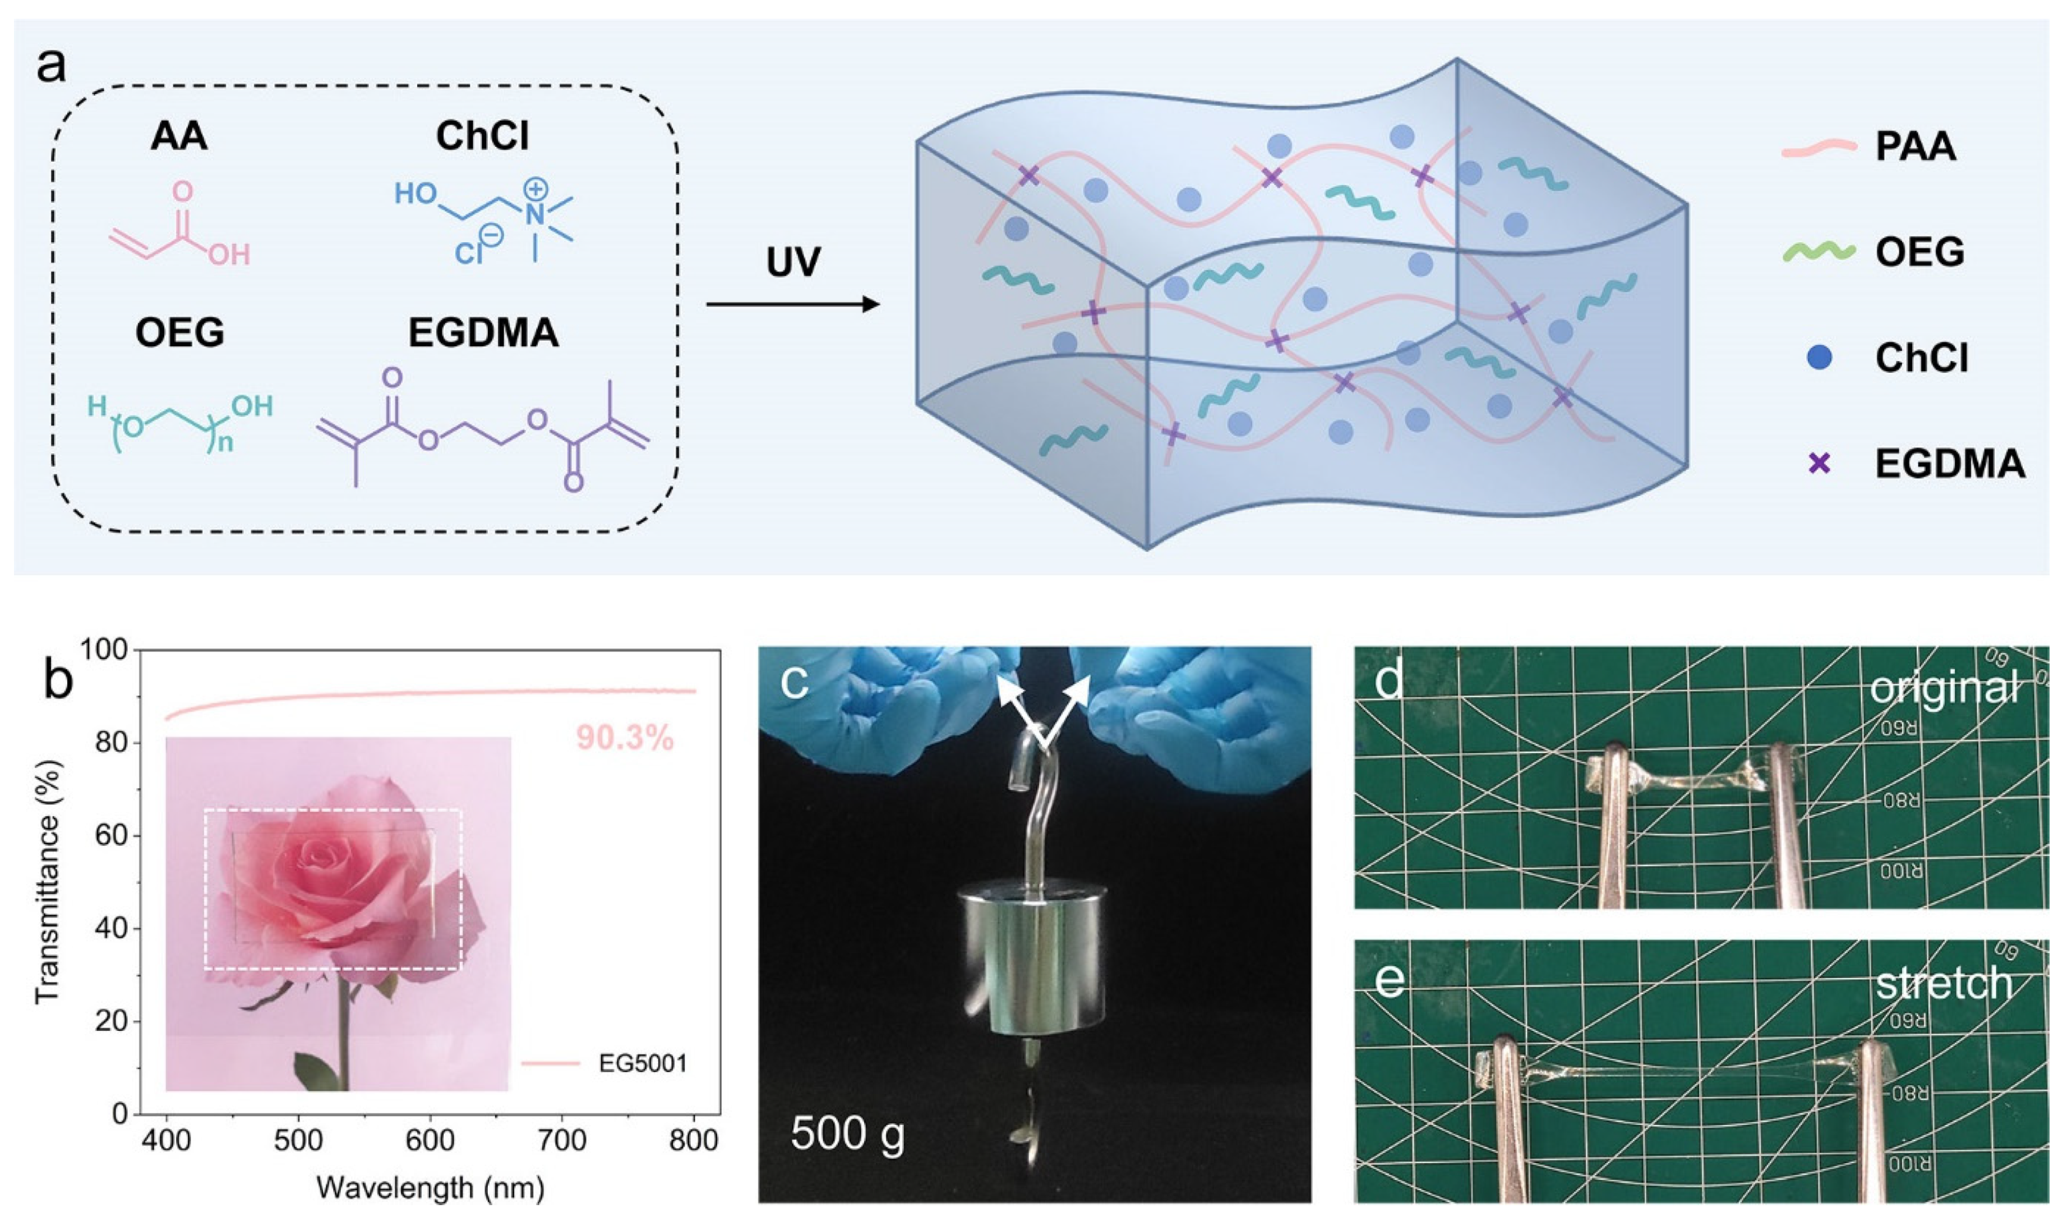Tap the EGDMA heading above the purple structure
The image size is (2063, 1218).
click(x=483, y=333)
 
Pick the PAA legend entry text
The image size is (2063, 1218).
click(x=1915, y=148)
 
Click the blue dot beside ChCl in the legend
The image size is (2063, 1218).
click(x=1820, y=358)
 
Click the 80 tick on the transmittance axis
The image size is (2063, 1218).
click(x=113, y=743)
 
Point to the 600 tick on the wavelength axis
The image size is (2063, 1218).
click(x=430, y=1141)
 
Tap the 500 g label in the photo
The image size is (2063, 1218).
click(x=847, y=1134)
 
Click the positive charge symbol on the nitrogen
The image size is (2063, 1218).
click(x=536, y=189)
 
